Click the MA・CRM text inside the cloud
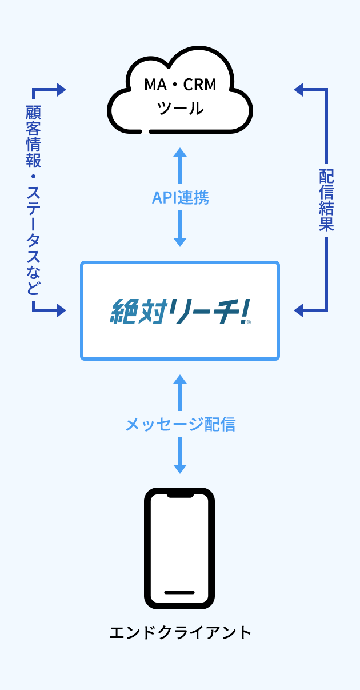(x=180, y=85)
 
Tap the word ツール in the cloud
(x=180, y=108)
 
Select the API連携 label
(x=180, y=197)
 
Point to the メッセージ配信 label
(x=180, y=424)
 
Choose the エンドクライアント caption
(x=180, y=633)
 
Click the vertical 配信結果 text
(x=326, y=200)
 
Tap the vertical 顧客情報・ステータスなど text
(x=34, y=200)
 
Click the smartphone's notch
(x=180, y=494)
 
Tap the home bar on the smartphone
(x=179, y=592)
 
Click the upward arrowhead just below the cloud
(x=180, y=152)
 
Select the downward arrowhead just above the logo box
(x=180, y=242)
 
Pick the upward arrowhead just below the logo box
(x=180, y=379)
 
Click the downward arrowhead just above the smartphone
(x=180, y=469)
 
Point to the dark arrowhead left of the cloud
(x=62, y=90)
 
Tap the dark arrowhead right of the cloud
(x=298, y=89)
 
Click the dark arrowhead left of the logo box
(x=62, y=310)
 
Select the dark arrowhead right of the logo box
(x=298, y=310)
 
